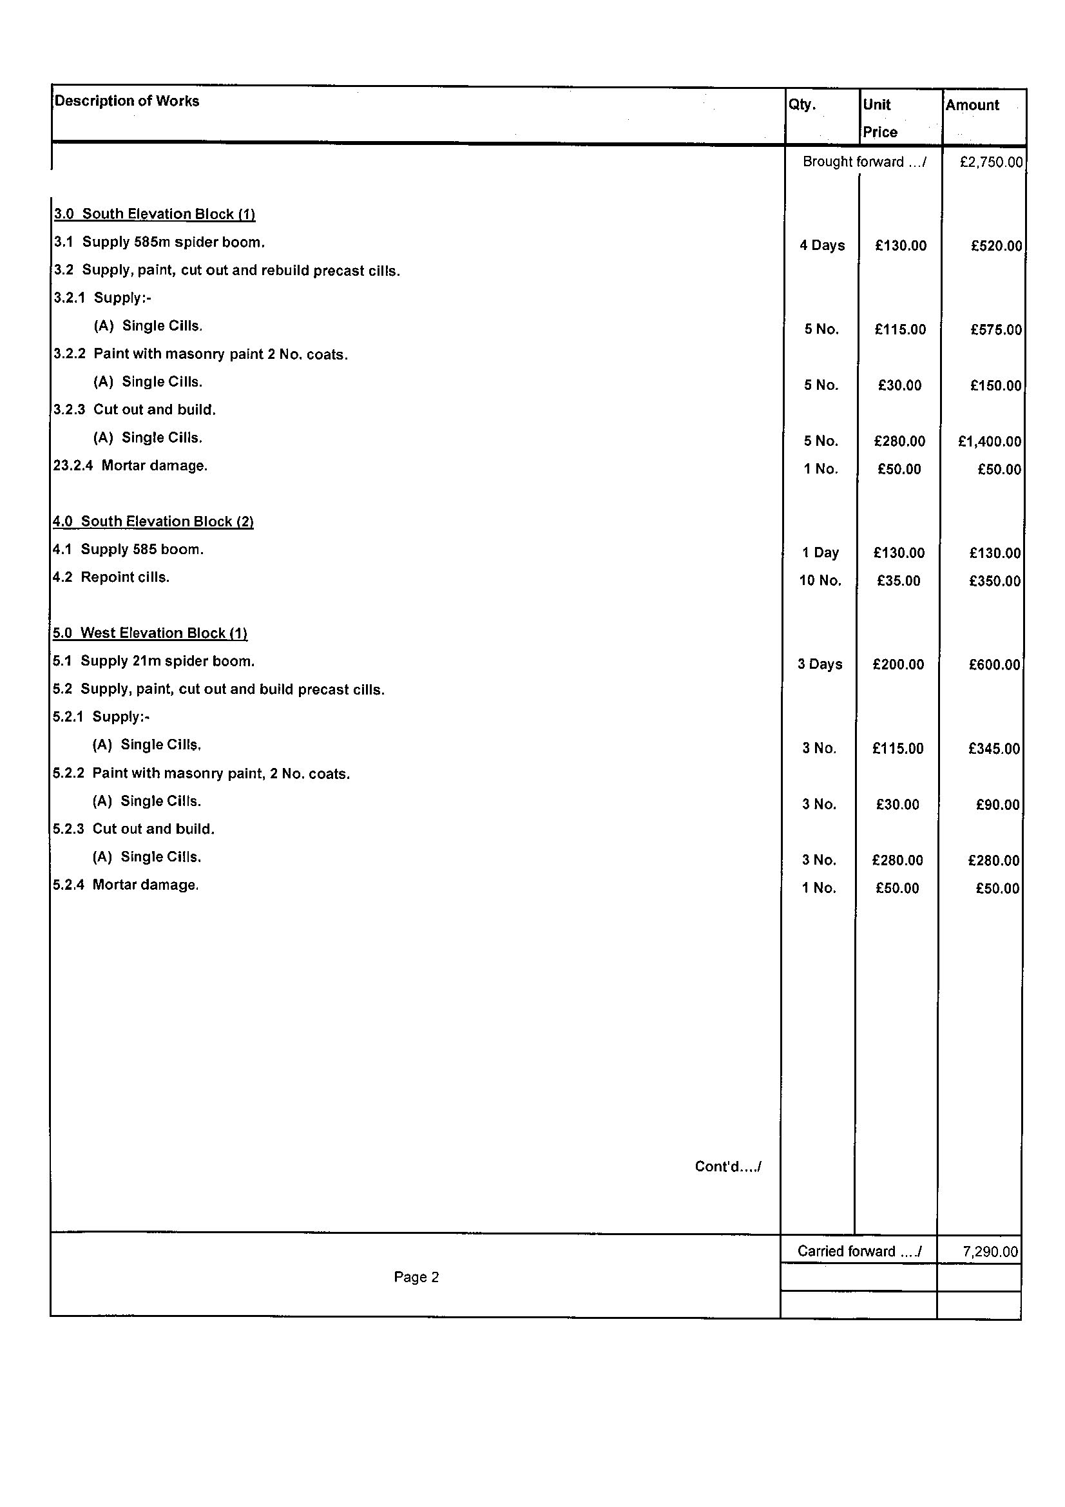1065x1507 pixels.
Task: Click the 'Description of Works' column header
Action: (127, 101)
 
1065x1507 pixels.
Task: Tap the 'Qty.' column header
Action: (802, 105)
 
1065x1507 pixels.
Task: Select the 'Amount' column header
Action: (972, 105)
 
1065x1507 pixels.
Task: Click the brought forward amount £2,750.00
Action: (991, 162)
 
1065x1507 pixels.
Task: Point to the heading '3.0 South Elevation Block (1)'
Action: (154, 214)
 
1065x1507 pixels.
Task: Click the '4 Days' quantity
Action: (821, 245)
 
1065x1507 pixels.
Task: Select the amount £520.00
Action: (996, 246)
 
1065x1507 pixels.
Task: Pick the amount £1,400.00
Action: (990, 442)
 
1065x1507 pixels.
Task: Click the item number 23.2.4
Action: (73, 466)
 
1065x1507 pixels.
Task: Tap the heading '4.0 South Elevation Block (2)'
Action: (153, 522)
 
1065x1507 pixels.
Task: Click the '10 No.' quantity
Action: (820, 581)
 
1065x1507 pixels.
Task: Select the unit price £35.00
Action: (898, 581)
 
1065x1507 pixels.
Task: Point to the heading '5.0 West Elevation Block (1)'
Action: (149, 633)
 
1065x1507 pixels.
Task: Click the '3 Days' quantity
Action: (820, 664)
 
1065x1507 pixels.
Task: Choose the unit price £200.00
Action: (897, 664)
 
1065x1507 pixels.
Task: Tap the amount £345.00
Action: (994, 749)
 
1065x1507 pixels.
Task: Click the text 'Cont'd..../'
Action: (727, 1167)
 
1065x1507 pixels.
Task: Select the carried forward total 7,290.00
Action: (990, 1252)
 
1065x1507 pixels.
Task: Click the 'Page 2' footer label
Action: (416, 1277)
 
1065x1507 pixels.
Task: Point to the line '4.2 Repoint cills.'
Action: (111, 577)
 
